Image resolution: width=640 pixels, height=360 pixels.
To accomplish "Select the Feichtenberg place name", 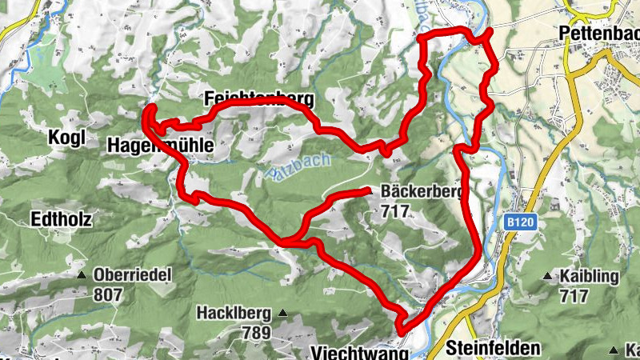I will click(x=257, y=100).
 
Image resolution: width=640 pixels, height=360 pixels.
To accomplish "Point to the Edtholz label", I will click(x=62, y=218).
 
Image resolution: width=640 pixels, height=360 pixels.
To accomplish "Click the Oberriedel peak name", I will click(x=133, y=274).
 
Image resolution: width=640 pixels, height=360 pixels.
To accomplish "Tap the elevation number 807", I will click(x=108, y=294).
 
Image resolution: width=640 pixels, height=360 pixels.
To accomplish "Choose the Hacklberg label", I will click(x=234, y=313).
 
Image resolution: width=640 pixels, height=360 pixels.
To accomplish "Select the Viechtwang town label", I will click(x=358, y=352).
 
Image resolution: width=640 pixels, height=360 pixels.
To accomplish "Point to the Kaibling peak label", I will click(x=590, y=277).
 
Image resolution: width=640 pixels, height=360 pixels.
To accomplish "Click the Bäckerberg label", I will click(x=422, y=192).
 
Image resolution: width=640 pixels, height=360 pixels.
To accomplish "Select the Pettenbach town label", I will click(x=599, y=34).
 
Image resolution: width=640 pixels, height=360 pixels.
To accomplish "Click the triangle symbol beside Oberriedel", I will click(x=82, y=275).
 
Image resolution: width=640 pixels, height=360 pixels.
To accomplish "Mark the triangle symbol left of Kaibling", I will click(x=548, y=277).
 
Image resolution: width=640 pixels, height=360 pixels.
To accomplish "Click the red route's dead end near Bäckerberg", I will click(x=367, y=190).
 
